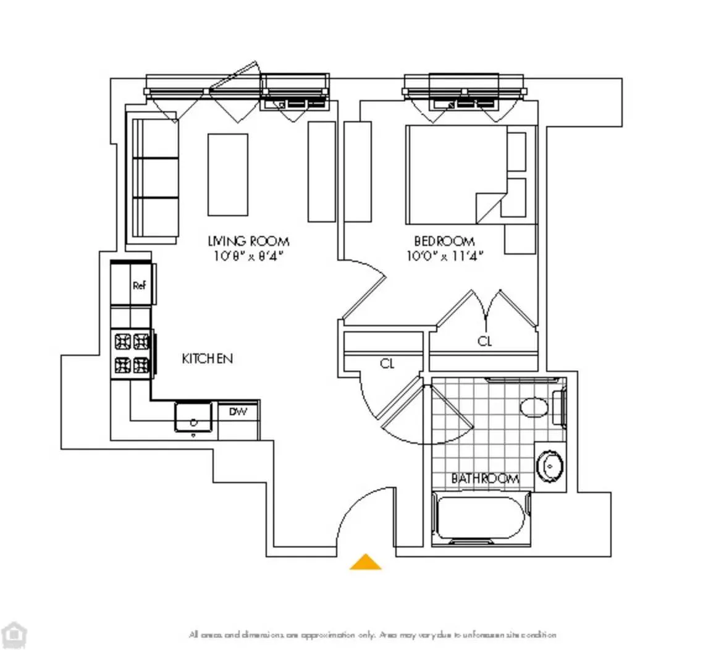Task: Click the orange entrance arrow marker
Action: [365, 562]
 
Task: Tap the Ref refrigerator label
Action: [139, 285]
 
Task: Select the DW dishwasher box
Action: [238, 412]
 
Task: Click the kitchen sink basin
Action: [193, 416]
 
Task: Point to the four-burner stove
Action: [132, 353]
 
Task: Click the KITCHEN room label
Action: [207, 358]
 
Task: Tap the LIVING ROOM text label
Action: [248, 241]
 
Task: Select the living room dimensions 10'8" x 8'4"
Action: [248, 255]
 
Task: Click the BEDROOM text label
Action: [444, 241]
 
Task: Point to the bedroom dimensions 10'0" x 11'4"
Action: [444, 255]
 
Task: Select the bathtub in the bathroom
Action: [481, 518]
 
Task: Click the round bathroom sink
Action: [549, 466]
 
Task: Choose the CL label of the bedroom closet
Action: [485, 341]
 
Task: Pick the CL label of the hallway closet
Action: [387, 364]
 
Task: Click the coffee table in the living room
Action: [227, 174]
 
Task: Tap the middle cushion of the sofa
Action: [156, 178]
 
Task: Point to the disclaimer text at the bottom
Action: [373, 635]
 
